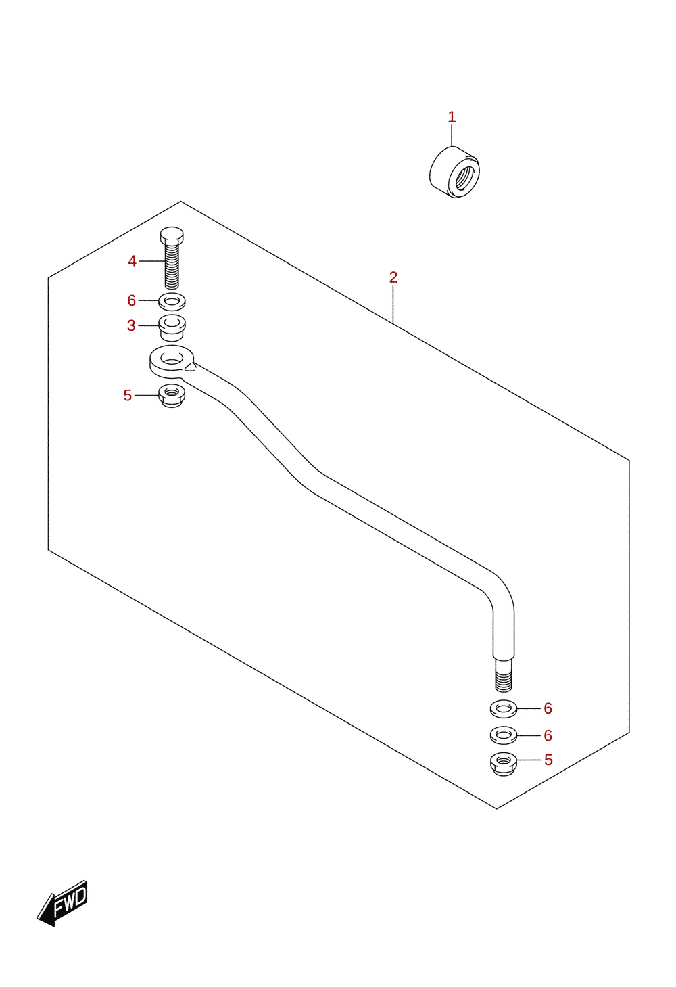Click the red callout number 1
click(x=452, y=117)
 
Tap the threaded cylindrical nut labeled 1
click(x=454, y=172)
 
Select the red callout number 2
click(x=393, y=277)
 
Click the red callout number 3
click(x=131, y=325)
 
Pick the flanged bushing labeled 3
click(x=172, y=328)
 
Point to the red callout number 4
click(x=132, y=261)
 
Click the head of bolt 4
click(x=172, y=235)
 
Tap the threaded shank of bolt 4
click(x=172, y=266)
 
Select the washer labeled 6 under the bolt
click(x=172, y=302)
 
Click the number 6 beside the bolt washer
click(x=131, y=300)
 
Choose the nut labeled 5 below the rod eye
click(x=172, y=396)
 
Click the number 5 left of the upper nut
click(x=128, y=396)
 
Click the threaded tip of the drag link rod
click(x=504, y=675)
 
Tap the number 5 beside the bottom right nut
click(x=548, y=760)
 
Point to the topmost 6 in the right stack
click(x=548, y=708)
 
